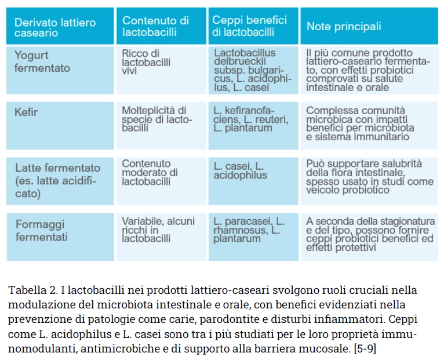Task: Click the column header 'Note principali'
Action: click(344, 27)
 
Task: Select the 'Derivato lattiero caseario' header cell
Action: click(55, 28)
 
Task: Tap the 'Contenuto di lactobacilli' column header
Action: click(155, 27)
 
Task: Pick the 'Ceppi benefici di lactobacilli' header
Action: click(250, 27)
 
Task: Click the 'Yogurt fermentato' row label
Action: click(42, 62)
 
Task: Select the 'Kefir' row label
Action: click(26, 112)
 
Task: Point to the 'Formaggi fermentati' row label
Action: click(41, 231)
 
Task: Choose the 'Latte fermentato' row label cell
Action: click(57, 180)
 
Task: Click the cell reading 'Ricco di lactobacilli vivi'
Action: click(145, 62)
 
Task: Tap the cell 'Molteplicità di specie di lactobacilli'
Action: click(156, 118)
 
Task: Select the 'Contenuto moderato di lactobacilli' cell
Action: click(150, 172)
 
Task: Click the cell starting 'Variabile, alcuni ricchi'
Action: click(158, 230)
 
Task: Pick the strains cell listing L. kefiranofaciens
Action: click(250, 118)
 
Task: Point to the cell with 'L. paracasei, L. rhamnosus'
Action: click(249, 230)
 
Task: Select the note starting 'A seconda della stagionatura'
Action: click(370, 234)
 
